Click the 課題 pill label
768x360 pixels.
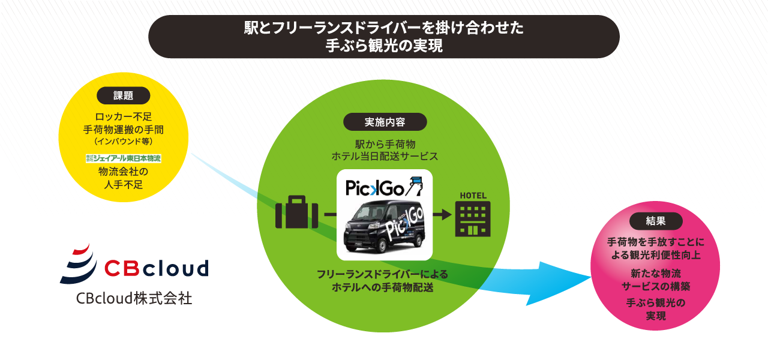pos(124,95)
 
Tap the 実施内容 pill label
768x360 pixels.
pos(385,122)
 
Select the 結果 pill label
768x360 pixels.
pos(656,221)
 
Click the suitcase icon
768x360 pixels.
pos(296,212)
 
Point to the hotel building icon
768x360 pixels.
pos(473,219)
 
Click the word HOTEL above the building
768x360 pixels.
pos(473,196)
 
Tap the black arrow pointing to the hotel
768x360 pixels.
pos(442,215)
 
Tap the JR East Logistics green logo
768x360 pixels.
pos(124,158)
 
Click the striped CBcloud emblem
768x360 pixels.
pos(79,263)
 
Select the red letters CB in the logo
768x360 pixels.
pos(122,268)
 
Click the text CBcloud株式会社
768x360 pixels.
pos(134,298)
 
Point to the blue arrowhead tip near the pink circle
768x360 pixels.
pos(591,277)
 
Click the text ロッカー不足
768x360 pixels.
pos(124,116)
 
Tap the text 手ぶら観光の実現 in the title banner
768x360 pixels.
pos(384,46)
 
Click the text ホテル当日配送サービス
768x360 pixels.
pos(385,157)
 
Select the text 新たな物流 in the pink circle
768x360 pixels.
pos(656,273)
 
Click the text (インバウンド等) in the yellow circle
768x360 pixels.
pos(124,141)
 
